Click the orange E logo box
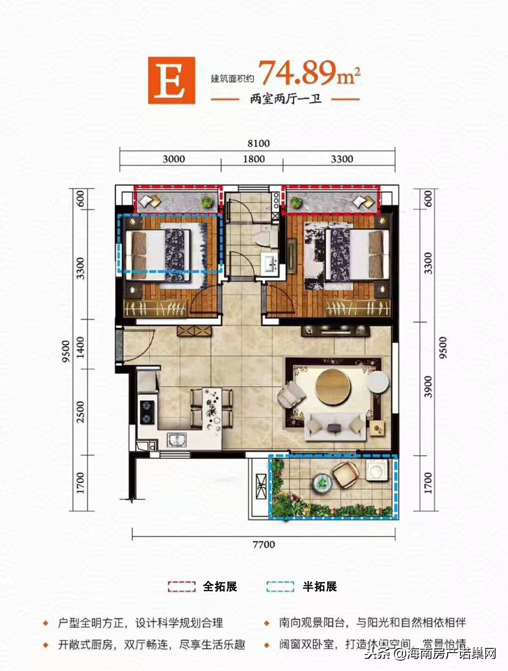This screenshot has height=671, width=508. pos(171,80)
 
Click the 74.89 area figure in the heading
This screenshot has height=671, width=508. pos(297,73)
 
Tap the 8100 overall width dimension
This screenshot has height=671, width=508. pos(258,143)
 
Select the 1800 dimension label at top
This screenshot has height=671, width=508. pos(254,159)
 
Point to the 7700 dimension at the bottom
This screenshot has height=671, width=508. pos(263,544)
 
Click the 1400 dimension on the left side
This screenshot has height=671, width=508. pos(81,346)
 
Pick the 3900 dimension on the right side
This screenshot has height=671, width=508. pos(428,386)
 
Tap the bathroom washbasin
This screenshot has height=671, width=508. pos(270,262)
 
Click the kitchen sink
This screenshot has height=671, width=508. pos(177,440)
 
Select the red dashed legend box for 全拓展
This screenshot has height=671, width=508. pos(181,587)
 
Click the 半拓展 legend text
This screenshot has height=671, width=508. pos(320,587)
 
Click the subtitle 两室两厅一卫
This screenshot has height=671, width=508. pos(286,99)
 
